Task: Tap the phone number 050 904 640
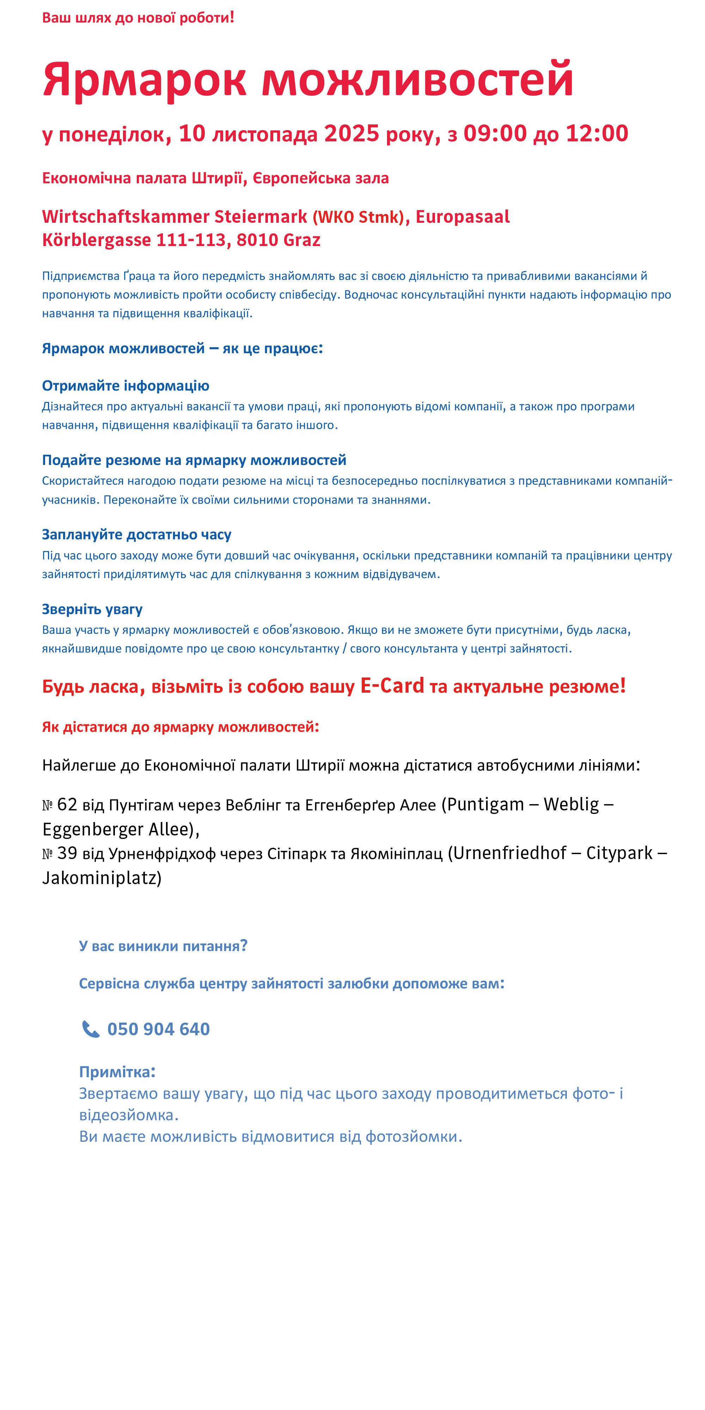pos(158,1029)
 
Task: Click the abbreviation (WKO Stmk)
pos(358,217)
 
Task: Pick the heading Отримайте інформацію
pos(125,386)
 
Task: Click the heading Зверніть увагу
pos(92,609)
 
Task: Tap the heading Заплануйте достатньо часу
pos(136,535)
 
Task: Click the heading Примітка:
pos(117,1072)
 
